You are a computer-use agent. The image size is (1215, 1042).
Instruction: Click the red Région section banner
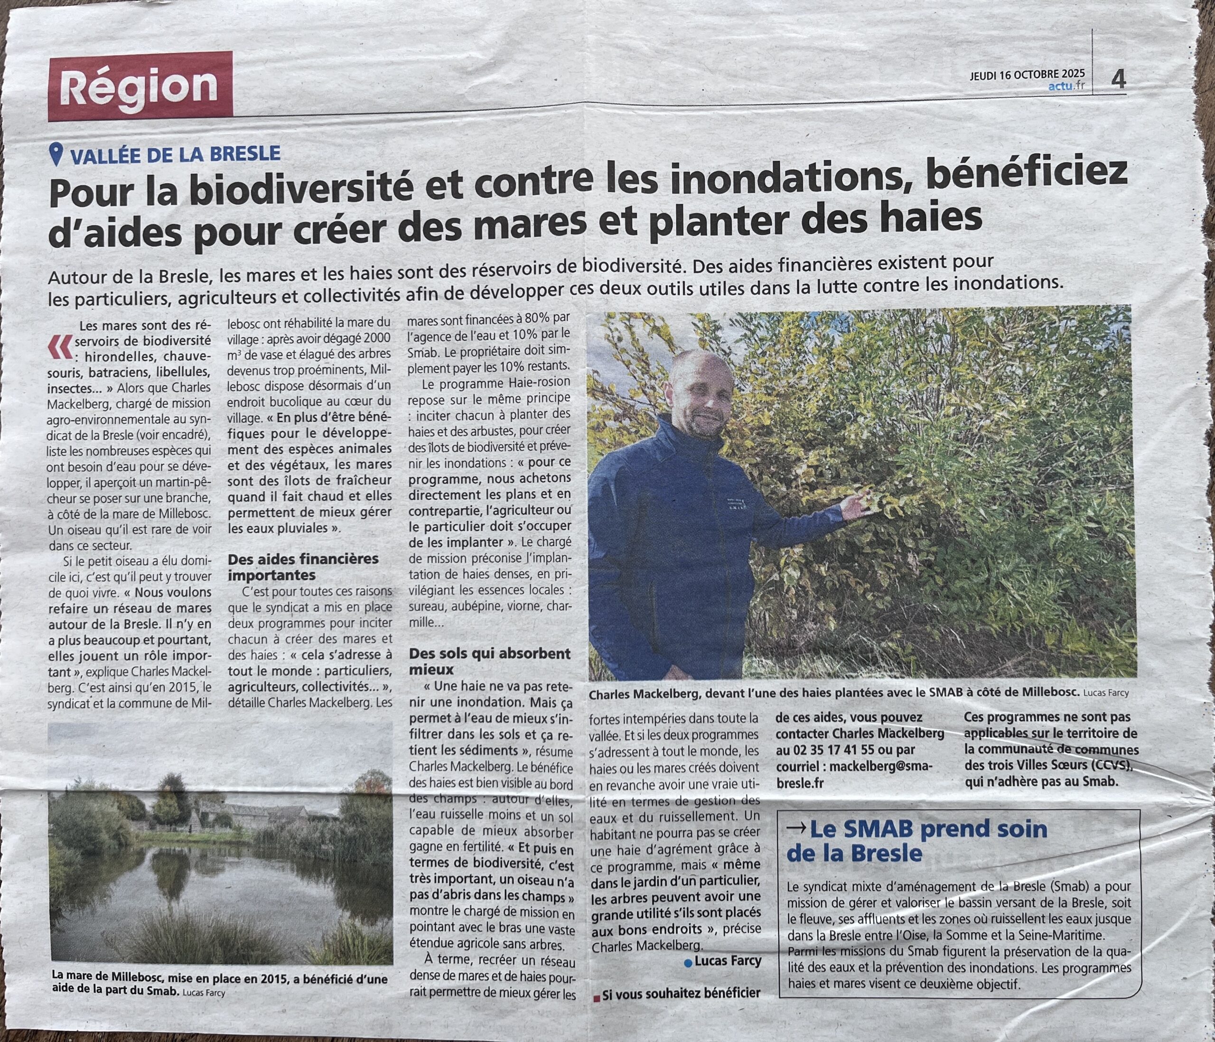click(141, 86)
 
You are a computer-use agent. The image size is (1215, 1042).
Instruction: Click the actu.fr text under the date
click(1066, 87)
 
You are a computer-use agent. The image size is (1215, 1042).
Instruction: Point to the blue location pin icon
click(56, 154)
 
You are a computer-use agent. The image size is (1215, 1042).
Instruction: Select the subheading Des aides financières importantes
click(303, 566)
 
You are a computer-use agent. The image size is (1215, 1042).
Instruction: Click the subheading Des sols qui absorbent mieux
click(489, 661)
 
